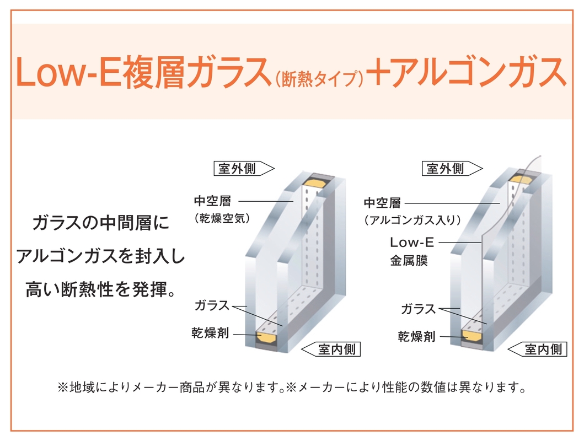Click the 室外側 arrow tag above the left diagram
pos(244,169)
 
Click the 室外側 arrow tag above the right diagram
pos(452,169)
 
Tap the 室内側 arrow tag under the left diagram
pos(331,349)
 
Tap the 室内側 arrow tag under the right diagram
pos(538,349)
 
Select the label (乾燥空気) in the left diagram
pos(222,218)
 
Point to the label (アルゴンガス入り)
pos(412,220)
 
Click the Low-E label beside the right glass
pos(412,242)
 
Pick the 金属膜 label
pos(409,260)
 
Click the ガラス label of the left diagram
pos(212,305)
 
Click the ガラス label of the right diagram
pos(418,309)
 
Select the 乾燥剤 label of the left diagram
pos(210,333)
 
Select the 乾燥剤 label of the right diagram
pos(416,336)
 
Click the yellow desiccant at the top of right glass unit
pos(523,180)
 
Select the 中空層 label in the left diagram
pos(212,201)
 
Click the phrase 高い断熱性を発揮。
pos(100,290)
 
